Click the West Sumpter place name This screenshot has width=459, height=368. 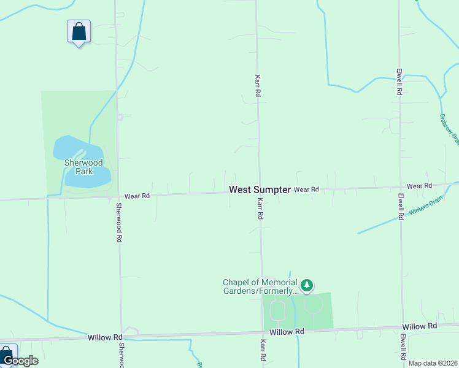tap(260, 190)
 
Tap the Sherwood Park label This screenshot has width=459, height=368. tap(83, 167)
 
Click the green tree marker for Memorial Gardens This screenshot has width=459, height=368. tap(307, 285)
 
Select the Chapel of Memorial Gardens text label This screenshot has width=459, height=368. tap(260, 286)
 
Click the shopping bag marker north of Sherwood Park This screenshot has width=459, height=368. tap(79, 31)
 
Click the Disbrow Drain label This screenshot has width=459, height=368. tap(450, 129)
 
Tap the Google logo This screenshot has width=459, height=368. tap(20, 361)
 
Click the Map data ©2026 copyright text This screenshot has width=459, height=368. tap(432, 363)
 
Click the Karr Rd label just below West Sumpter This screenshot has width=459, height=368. tap(260, 209)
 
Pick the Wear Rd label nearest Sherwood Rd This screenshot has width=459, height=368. tap(137, 196)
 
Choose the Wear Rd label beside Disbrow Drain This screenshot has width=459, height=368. tap(419, 185)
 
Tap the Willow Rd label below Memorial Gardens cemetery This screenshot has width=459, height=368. tap(287, 331)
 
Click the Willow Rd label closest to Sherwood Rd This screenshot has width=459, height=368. tap(101, 337)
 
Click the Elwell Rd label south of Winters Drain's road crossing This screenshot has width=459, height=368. tap(400, 208)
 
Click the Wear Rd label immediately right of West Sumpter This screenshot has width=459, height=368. tap(306, 190)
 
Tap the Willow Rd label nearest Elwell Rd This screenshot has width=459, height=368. tap(419, 326)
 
